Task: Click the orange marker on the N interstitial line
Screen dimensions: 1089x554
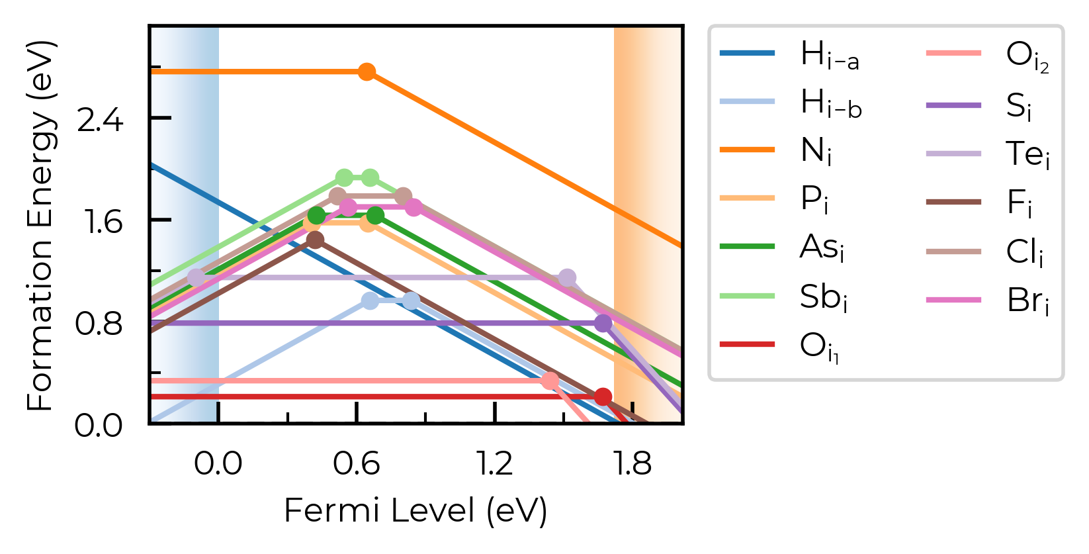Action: pos(367,71)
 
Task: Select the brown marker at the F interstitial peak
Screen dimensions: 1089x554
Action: pos(316,240)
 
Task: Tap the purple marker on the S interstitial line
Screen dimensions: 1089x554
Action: pos(603,323)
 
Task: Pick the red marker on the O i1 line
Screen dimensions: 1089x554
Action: pos(603,397)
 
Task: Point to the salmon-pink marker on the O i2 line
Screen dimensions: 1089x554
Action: pos(550,381)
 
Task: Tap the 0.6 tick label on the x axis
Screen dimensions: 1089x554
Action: pos(357,463)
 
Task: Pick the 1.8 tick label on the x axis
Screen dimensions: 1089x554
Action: pos(632,463)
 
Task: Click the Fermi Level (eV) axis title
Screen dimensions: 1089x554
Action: pos(415,512)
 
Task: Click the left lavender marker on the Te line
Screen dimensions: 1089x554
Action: pos(196,277)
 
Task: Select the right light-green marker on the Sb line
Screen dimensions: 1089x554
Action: pos(370,177)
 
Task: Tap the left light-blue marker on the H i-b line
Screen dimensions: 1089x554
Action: pos(370,300)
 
